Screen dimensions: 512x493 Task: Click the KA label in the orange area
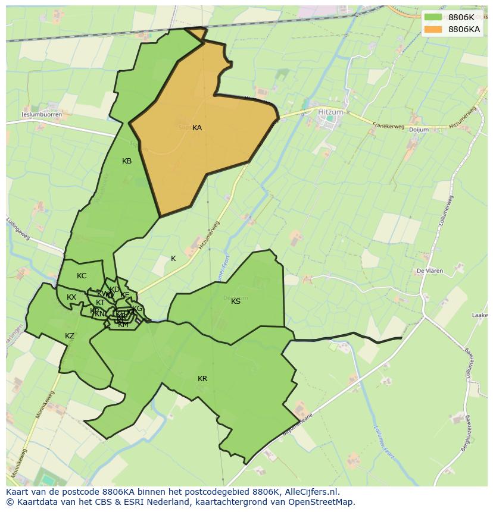[x=197, y=128]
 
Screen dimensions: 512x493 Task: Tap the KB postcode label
[x=127, y=161]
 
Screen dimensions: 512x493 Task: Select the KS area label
[x=236, y=301]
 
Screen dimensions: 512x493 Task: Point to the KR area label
[x=202, y=379]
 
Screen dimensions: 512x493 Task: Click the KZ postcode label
[x=70, y=336]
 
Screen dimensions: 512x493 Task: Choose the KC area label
[x=82, y=276]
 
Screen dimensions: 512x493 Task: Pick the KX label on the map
[x=71, y=297]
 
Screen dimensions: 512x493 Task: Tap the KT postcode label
[x=100, y=303]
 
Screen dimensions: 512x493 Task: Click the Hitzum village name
[x=330, y=111]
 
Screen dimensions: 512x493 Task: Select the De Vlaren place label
[x=429, y=271]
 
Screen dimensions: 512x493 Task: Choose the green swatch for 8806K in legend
[x=433, y=17]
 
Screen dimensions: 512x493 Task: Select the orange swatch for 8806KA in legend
[x=433, y=29]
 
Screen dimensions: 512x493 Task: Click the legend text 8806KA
[x=464, y=29]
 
